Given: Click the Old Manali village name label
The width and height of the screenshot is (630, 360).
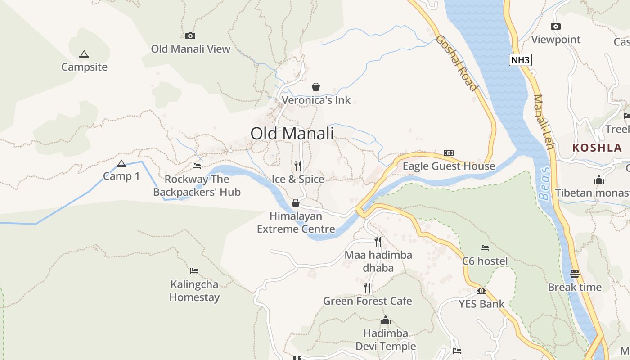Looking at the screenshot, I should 292,134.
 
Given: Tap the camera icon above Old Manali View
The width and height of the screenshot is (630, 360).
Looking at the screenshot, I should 190,36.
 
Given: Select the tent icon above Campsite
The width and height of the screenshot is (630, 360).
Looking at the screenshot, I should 84,54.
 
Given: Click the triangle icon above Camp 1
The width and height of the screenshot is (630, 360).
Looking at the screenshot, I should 121,163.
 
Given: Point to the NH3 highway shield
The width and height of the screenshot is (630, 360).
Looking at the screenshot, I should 520,60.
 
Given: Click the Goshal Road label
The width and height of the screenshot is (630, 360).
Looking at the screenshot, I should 456,63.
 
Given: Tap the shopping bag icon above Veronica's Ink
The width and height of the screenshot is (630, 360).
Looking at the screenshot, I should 316,87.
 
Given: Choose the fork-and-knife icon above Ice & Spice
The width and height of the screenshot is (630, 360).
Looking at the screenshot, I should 298,166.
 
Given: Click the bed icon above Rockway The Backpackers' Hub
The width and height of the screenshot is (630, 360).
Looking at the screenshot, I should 197,166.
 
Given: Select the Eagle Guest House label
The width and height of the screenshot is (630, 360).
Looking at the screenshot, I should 449,166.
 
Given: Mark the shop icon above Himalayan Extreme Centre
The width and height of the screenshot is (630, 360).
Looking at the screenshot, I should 296,203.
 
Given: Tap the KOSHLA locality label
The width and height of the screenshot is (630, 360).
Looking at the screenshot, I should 597,148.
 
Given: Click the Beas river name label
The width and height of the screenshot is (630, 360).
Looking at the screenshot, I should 544,184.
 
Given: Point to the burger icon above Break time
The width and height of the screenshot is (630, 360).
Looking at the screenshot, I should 574,274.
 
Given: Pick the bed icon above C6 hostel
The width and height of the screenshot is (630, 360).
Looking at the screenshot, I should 485,248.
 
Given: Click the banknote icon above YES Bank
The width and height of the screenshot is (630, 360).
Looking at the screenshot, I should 481,291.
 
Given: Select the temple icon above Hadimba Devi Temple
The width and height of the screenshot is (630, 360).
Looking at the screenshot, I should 385,320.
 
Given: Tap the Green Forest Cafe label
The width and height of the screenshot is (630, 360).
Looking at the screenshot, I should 367,301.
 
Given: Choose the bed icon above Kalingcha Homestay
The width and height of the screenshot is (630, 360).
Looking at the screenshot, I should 194,271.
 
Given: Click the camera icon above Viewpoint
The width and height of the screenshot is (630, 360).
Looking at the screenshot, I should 556,27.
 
